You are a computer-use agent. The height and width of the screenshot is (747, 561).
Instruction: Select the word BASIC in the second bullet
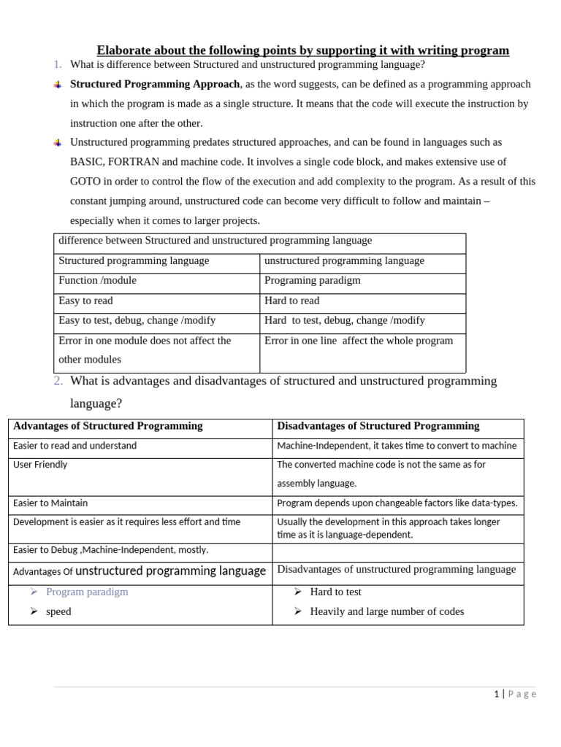point(86,162)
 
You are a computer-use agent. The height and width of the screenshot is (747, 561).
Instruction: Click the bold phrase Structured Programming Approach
point(155,84)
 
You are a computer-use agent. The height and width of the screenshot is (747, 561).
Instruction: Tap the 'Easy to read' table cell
point(85,301)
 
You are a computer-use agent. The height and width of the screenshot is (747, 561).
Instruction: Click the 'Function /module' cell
point(97,281)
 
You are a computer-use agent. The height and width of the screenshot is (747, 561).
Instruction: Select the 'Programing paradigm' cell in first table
point(313,281)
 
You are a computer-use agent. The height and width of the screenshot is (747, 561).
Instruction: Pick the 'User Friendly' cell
point(40,465)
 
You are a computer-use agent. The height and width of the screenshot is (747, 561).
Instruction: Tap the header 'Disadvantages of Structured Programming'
point(378,426)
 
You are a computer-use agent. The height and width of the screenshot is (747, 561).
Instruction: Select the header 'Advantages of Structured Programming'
point(108,426)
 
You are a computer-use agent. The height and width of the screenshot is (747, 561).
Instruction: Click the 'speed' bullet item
point(58,612)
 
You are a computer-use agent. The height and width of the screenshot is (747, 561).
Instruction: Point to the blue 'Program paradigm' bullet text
point(87,592)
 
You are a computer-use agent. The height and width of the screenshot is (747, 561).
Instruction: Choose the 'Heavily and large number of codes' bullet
point(386,612)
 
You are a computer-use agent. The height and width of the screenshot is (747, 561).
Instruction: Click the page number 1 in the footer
point(497,694)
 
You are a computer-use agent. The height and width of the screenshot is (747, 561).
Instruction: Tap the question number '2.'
point(58,381)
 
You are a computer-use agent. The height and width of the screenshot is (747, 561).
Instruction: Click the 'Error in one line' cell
point(359,341)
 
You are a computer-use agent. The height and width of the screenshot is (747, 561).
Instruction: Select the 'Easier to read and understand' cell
point(75,446)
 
